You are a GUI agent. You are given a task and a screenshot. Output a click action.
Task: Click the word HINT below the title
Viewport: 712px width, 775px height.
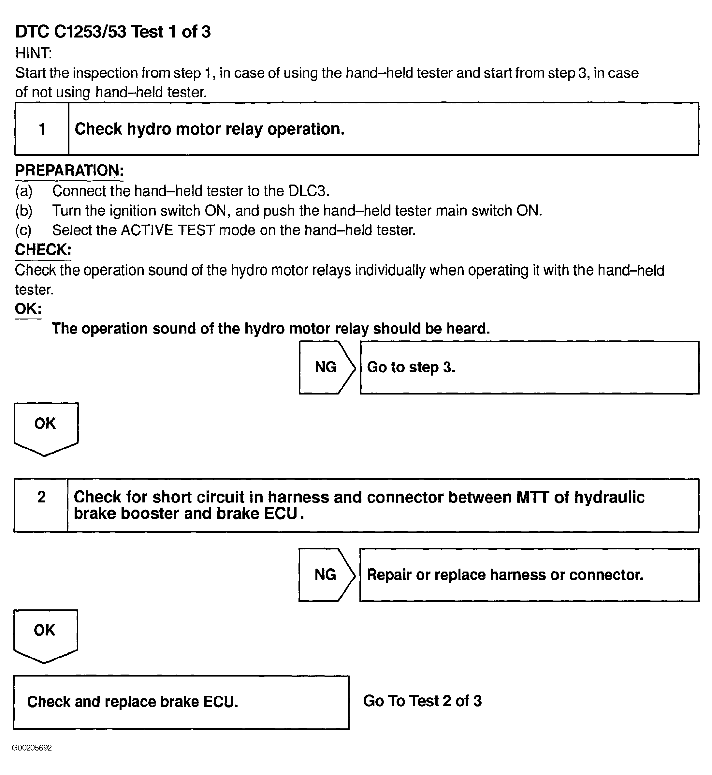click(x=33, y=53)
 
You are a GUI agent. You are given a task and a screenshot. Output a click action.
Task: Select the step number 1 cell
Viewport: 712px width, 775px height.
click(x=42, y=129)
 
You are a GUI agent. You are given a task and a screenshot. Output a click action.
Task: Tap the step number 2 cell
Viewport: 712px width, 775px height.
click(x=41, y=505)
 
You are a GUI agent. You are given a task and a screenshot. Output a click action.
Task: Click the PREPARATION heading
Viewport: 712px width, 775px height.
click(x=69, y=171)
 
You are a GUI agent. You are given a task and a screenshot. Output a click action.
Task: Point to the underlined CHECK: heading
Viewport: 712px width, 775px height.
click(x=43, y=250)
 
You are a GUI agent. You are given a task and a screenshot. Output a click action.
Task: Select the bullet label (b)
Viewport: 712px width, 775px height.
click(x=23, y=211)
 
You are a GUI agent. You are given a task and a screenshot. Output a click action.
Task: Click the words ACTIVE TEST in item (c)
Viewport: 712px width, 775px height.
click(x=167, y=231)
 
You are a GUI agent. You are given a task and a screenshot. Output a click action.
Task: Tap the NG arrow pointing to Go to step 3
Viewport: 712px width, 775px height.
click(x=326, y=367)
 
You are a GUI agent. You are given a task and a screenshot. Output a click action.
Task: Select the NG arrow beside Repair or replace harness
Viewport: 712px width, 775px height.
click(x=326, y=574)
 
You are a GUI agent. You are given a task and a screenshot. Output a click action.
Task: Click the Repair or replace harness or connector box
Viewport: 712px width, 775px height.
click(x=529, y=574)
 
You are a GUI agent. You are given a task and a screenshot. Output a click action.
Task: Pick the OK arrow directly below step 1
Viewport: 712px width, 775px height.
click(x=46, y=427)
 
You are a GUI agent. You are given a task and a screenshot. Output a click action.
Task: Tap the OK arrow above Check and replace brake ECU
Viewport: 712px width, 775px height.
click(x=45, y=634)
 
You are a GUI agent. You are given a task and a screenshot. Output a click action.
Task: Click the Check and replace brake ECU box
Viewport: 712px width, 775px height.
click(x=181, y=702)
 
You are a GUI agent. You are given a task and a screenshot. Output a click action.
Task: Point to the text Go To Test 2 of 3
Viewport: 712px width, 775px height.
click(x=422, y=701)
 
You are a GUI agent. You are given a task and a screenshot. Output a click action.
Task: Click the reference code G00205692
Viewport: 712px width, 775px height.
click(x=32, y=748)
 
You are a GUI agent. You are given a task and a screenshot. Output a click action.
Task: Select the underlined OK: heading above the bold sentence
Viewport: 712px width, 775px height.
click(x=28, y=309)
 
